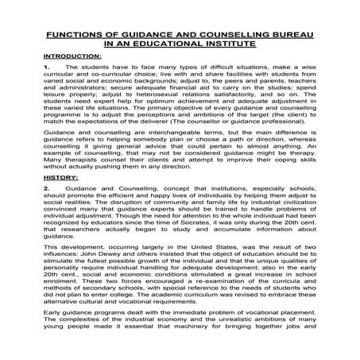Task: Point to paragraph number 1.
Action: coord(46,70)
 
